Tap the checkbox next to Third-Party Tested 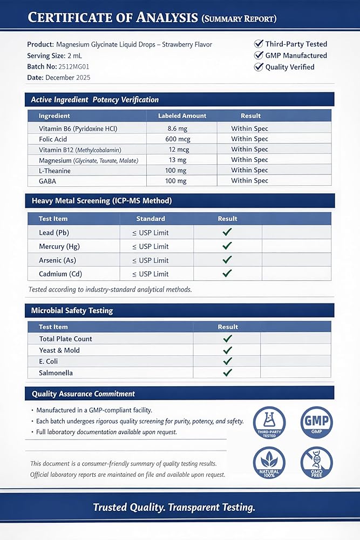click(x=259, y=44)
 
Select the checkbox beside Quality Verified click(x=259, y=67)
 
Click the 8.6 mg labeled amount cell click(x=182, y=129)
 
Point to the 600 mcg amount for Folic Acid click(x=182, y=139)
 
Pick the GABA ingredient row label click(x=47, y=181)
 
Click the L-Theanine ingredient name click(x=55, y=171)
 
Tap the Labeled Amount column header click(x=182, y=116)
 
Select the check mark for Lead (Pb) click(x=227, y=232)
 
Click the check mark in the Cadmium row click(x=227, y=273)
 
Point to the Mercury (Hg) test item click(x=59, y=246)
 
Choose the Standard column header click(x=151, y=219)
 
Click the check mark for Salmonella click(x=227, y=373)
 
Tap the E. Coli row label click(x=49, y=361)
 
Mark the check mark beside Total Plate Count click(x=227, y=339)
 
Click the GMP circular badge click(x=316, y=422)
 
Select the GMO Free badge click(x=316, y=463)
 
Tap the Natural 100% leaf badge click(x=269, y=463)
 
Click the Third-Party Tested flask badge click(x=269, y=422)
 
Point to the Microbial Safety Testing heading click(x=72, y=310)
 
